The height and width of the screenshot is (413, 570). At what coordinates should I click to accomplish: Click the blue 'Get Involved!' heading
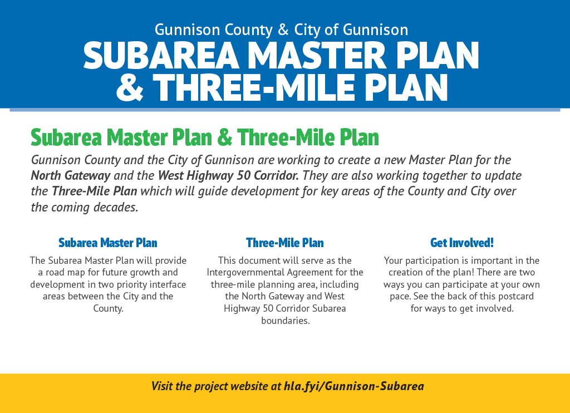461,243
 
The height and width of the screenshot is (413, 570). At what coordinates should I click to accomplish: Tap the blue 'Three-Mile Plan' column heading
284,243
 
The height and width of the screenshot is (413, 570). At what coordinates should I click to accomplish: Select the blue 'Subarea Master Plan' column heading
108,243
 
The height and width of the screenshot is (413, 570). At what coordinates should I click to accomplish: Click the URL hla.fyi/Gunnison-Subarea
353,386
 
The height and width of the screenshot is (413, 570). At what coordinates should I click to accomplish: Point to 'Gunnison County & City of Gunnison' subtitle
281,29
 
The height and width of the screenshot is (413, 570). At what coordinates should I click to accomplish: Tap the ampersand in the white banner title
130,87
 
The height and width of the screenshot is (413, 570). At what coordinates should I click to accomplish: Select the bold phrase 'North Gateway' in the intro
71,175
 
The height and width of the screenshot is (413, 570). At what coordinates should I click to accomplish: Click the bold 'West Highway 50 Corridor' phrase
228,175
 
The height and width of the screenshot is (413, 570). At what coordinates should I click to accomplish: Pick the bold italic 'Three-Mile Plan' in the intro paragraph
95,191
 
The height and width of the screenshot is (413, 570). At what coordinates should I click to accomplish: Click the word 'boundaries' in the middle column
285,321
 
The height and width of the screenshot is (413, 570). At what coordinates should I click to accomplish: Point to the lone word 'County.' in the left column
109,308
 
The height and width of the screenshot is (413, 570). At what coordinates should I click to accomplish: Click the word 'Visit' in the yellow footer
162,386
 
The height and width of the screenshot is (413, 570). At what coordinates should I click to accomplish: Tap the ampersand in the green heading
225,137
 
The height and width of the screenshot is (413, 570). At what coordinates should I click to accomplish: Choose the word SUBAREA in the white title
161,55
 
